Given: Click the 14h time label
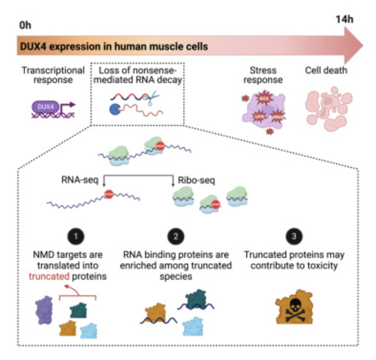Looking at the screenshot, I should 342,21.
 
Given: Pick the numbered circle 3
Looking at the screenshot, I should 292,237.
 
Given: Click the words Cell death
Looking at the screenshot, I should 326,71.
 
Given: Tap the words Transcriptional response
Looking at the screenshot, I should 53,75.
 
